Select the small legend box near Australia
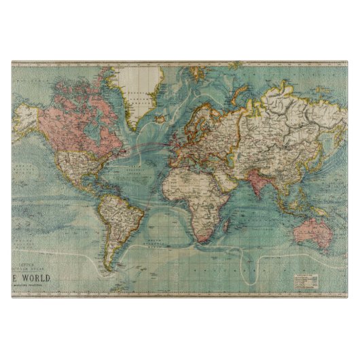[305, 278]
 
